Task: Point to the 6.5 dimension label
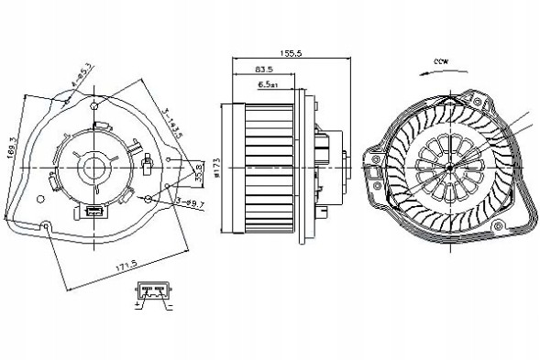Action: [269, 84]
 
